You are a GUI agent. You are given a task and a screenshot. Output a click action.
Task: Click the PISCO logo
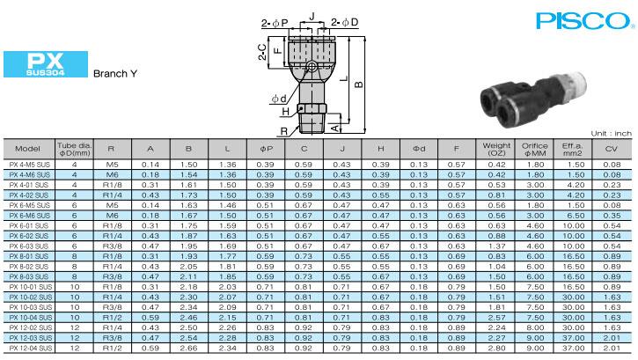pos(583,21)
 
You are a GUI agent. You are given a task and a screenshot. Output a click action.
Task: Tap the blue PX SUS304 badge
pos(46,64)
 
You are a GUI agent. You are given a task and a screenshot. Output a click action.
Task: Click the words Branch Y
pos(115,74)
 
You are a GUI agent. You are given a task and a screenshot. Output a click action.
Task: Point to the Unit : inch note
pos(611,134)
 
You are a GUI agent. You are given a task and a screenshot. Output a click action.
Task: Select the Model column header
pos(27,149)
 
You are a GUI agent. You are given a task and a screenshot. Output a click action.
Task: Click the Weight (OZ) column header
pos(496,149)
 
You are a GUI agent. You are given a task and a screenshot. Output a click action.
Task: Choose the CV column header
pos(611,149)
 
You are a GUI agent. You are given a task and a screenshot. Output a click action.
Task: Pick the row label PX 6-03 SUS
pos(29,246)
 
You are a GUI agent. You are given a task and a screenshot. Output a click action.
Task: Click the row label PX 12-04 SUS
pos(31,349)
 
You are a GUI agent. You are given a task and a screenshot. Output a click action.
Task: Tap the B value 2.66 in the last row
pos(188,349)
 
